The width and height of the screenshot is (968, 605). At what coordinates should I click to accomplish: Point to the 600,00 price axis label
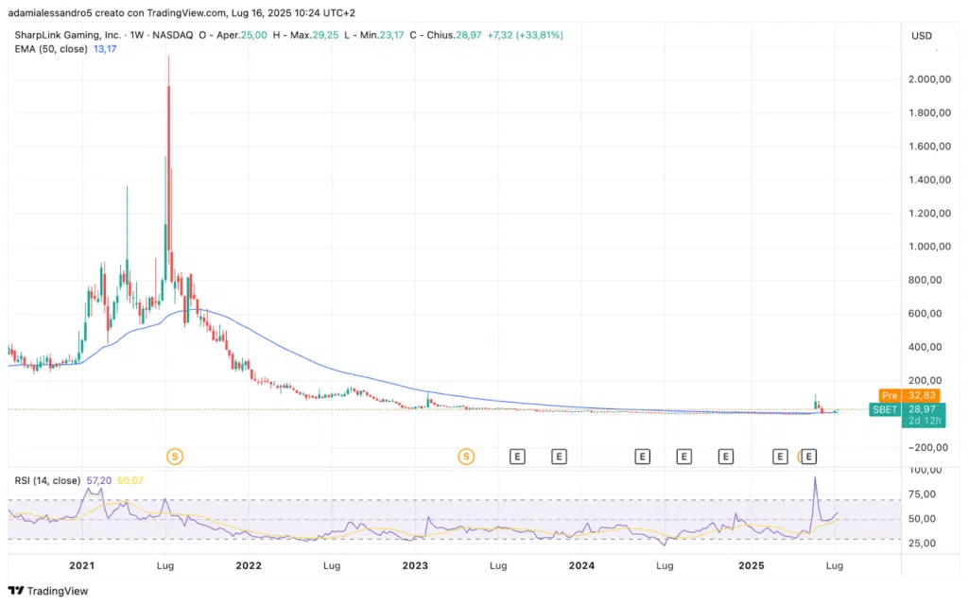tap(929, 314)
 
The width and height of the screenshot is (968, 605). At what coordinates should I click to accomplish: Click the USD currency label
tap(921, 36)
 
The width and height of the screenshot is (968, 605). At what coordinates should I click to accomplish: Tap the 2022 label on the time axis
tap(249, 565)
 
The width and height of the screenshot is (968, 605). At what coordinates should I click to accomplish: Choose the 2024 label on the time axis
tap(581, 565)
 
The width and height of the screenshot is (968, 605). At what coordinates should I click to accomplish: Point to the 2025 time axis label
tap(752, 565)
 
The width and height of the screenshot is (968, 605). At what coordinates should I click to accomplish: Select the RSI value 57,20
tap(99, 480)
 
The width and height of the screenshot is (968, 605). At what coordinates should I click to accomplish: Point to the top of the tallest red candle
tap(168, 57)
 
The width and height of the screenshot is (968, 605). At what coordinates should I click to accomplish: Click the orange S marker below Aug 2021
tap(174, 457)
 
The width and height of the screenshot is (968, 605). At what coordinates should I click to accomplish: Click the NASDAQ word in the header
tap(173, 35)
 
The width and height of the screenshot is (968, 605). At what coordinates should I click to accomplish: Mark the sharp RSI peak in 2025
tap(815, 476)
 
